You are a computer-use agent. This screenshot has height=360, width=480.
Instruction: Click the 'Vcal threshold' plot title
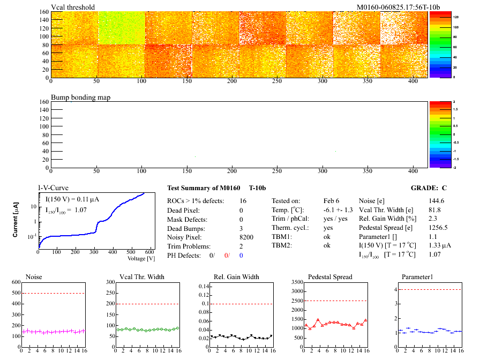(73, 7)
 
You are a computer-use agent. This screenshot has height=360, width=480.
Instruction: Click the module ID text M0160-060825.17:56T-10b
(398, 7)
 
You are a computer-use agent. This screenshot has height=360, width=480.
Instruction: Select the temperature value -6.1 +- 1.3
(338, 209)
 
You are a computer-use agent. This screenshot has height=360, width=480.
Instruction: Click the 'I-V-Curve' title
(52, 188)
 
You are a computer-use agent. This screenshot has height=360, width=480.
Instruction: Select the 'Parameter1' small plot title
(416, 277)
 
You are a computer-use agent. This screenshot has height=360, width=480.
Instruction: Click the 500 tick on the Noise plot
(15, 293)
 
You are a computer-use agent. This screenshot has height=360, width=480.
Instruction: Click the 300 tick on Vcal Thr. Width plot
(111, 282)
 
